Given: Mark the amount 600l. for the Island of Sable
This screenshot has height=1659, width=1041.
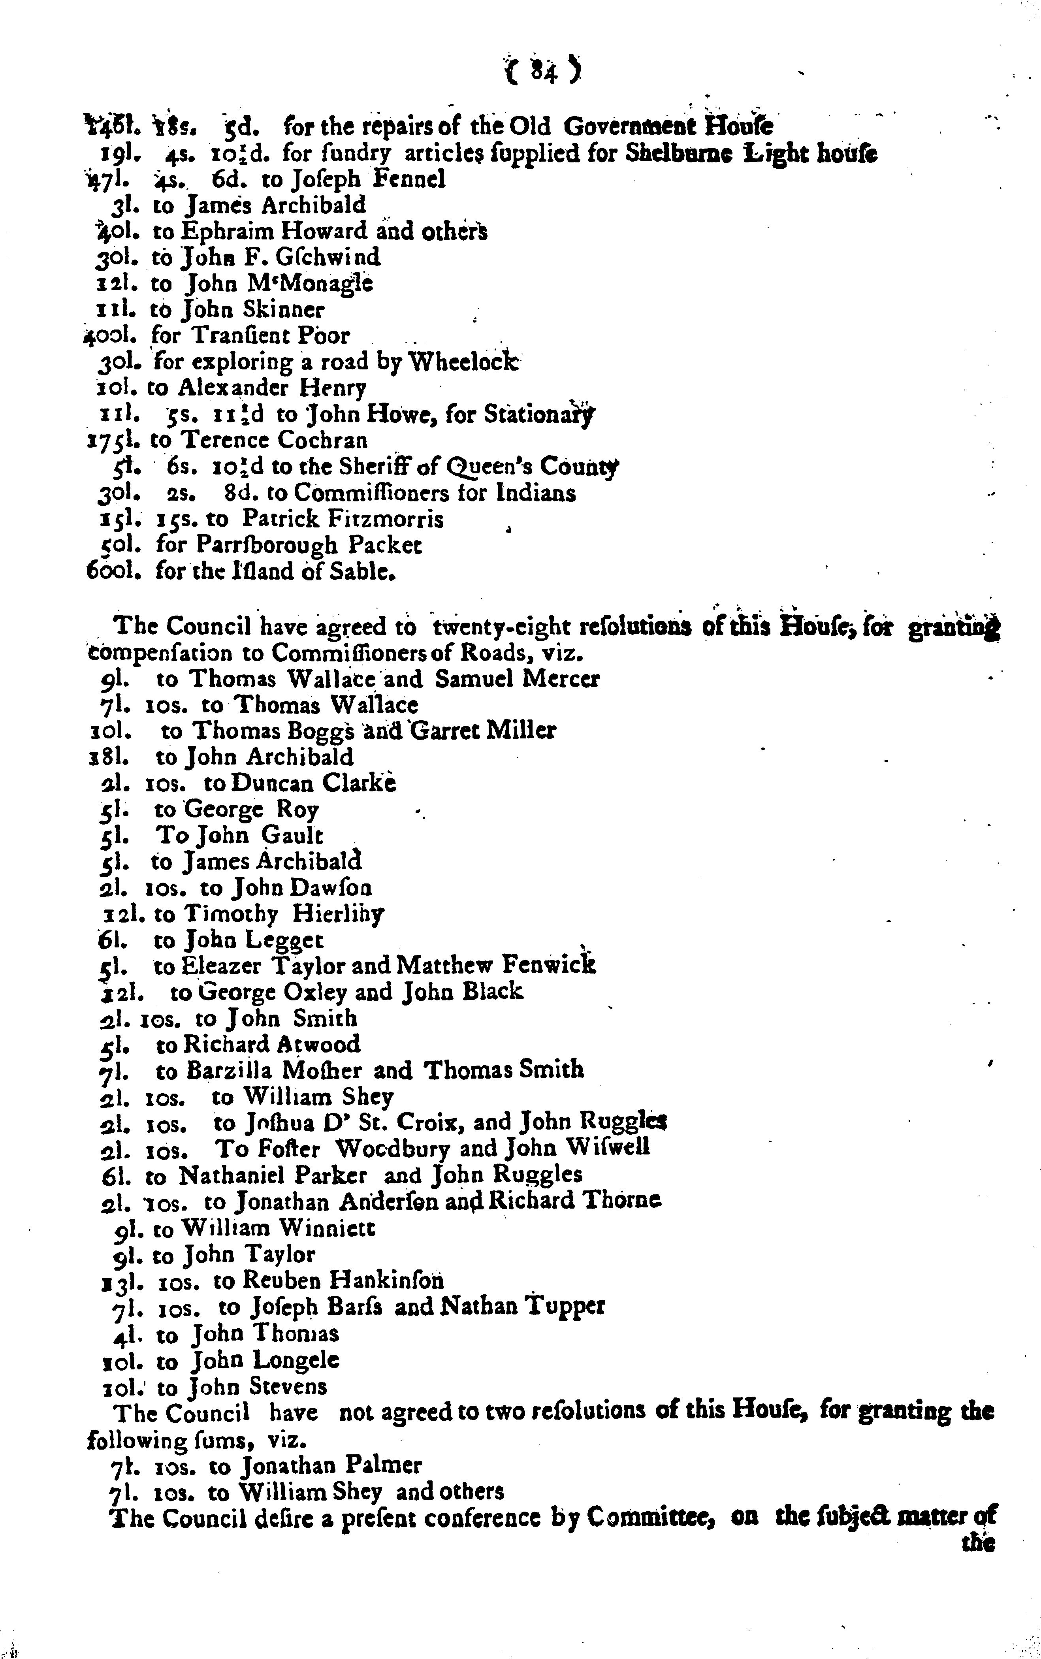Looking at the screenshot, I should coord(114,571).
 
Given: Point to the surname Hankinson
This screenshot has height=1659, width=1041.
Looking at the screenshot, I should coord(386,1280).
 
